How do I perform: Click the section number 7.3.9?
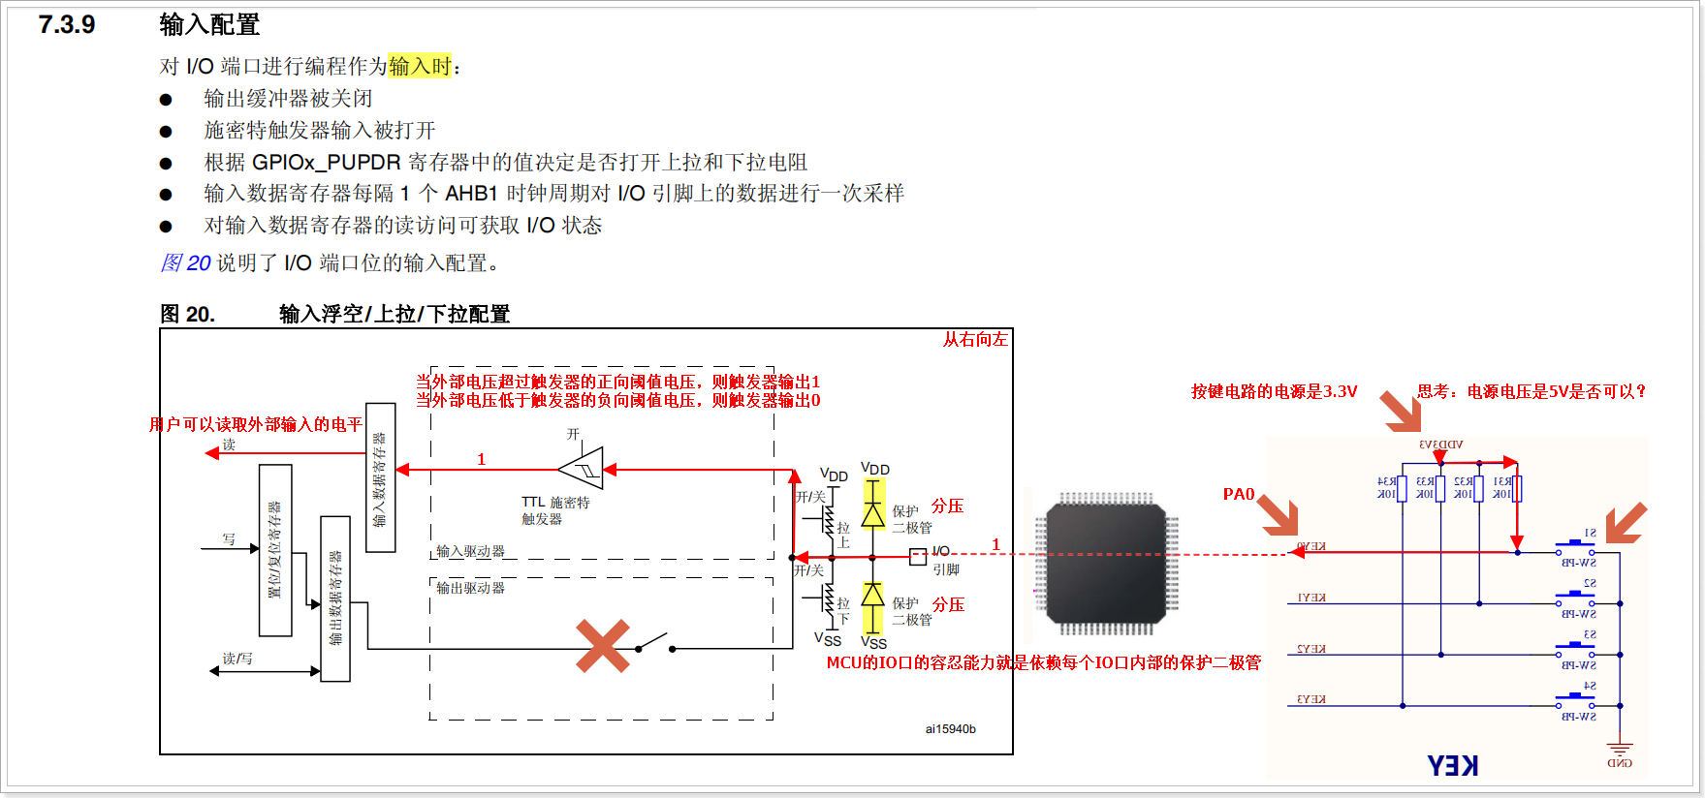[x=67, y=24]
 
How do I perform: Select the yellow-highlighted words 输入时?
[x=420, y=66]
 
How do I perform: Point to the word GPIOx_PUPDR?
[x=326, y=162]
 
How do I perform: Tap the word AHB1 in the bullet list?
[x=471, y=194]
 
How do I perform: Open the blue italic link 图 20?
[x=185, y=263]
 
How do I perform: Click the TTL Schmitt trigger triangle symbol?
[x=582, y=469]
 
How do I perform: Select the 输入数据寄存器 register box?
[x=380, y=477]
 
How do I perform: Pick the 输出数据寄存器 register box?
[x=335, y=598]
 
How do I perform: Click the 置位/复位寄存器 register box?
[x=275, y=550]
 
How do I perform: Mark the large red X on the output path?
[x=603, y=646]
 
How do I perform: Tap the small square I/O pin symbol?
[x=917, y=556]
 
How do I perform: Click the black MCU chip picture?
[x=1106, y=563]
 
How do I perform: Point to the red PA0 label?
[x=1239, y=495]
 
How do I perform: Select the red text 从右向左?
[x=975, y=340]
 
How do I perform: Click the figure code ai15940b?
[x=950, y=729]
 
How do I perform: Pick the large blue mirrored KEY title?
[x=1452, y=766]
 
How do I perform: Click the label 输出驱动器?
[x=470, y=588]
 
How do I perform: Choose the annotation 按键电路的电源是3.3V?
[x=1274, y=391]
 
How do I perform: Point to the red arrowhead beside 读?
[x=212, y=453]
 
